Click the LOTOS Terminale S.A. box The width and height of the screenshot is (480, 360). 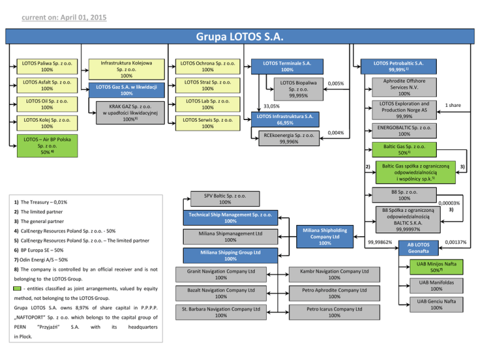click(x=287, y=67)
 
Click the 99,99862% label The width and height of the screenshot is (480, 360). click(x=380, y=242)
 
